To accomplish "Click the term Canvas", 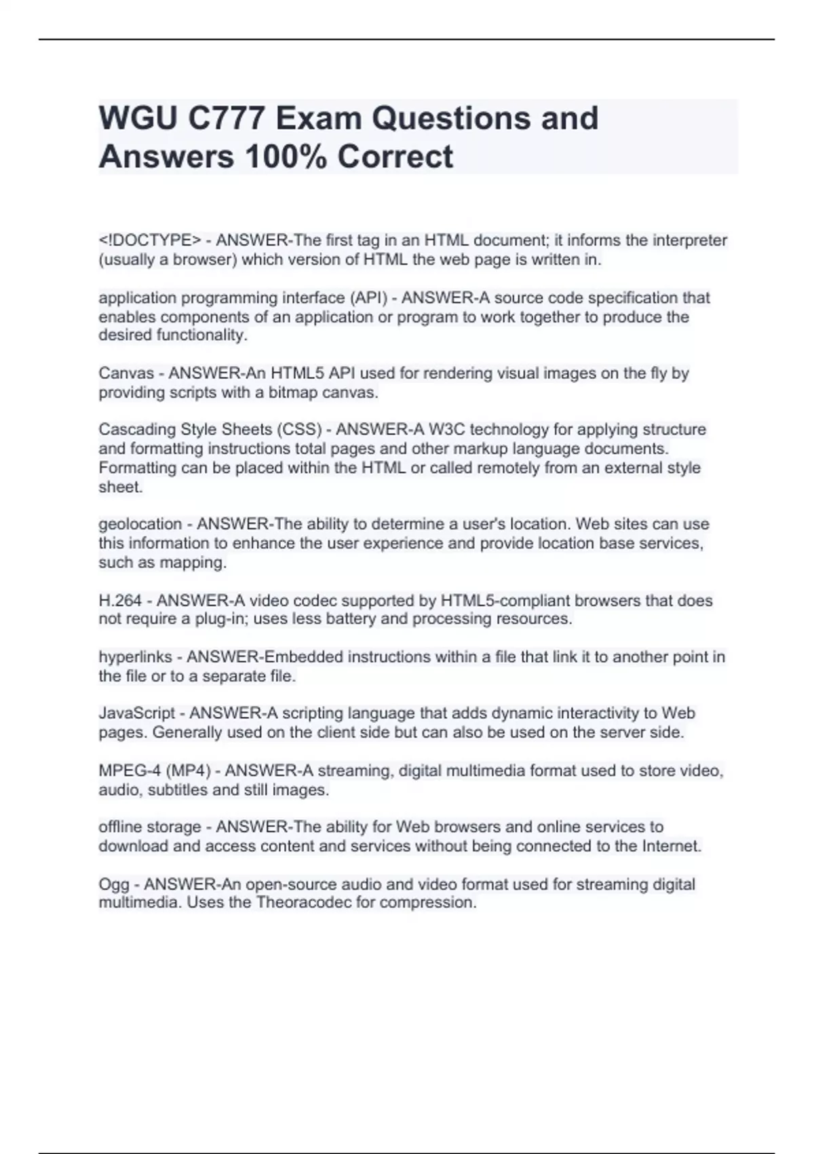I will point(126,373).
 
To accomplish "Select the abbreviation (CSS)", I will point(298,430).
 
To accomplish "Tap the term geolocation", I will point(140,524).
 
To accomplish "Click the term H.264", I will point(120,601).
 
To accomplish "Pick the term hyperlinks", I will point(135,657).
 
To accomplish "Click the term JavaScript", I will point(137,713).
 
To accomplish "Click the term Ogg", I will point(114,885).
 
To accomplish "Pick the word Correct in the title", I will point(395,157).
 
